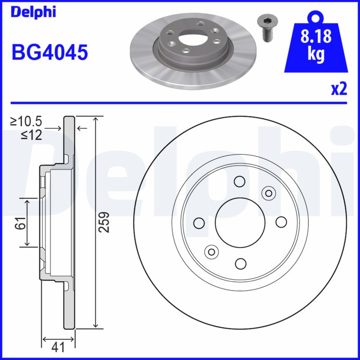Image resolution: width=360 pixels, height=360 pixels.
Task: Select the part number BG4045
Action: coord(49,52)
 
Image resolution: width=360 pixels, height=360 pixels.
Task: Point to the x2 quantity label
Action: coord(339,89)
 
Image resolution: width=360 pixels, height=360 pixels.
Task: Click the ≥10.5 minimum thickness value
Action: coord(27,121)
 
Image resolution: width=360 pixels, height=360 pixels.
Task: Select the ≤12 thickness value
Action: coord(31,135)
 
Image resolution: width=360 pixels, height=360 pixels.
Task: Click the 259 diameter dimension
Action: coord(104,222)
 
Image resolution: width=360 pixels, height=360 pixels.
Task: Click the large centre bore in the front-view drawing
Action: coord(239,222)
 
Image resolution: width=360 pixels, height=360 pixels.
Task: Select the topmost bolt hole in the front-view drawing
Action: coord(239,181)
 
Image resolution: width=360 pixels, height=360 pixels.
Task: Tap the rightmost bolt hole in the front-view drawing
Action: coord(281,222)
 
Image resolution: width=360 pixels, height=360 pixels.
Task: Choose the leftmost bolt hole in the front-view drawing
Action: coord(198,222)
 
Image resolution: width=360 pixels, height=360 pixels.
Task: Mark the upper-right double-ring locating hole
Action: coord(269,193)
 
